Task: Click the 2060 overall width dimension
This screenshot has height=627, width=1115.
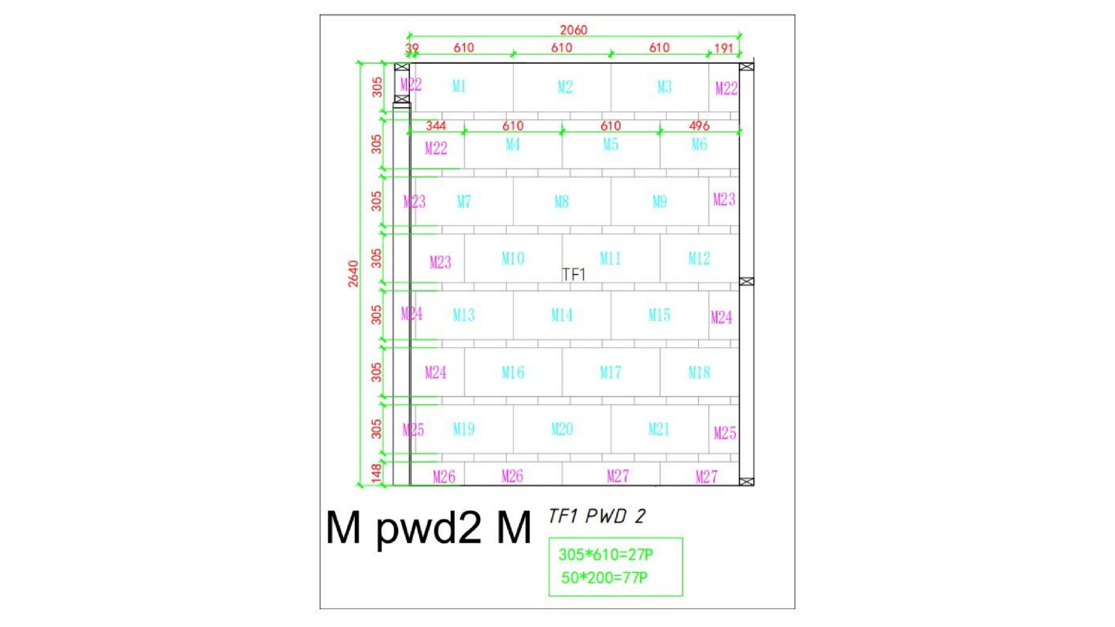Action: [x=573, y=30]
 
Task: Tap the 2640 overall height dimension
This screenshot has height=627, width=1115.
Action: [x=353, y=274]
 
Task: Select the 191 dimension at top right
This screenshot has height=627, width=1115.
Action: [x=724, y=48]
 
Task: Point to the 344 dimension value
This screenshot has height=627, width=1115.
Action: [x=436, y=126]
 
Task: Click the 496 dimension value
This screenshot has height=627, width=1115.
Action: [x=699, y=126]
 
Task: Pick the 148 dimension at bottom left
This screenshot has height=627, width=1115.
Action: [x=376, y=473]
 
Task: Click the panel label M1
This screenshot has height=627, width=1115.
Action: [x=459, y=87]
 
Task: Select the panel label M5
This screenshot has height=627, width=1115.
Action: [x=610, y=144]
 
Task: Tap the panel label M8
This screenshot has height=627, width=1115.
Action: [x=561, y=202]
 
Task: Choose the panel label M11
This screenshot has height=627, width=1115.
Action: [x=610, y=258]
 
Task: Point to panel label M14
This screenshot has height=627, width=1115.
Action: [x=562, y=315]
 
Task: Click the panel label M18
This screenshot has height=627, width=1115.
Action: [x=699, y=372]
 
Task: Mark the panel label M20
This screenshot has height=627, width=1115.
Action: [x=562, y=429]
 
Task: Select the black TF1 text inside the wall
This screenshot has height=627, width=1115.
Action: [x=573, y=274]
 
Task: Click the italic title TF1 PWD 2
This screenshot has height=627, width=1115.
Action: [x=597, y=516]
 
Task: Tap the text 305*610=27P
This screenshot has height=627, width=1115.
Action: [x=606, y=554]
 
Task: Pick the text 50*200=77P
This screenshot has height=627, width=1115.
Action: [x=605, y=578]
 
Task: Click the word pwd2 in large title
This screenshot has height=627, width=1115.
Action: [x=429, y=528]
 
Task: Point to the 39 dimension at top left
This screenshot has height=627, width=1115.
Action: [x=412, y=48]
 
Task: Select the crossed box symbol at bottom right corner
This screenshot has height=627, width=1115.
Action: [x=747, y=482]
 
